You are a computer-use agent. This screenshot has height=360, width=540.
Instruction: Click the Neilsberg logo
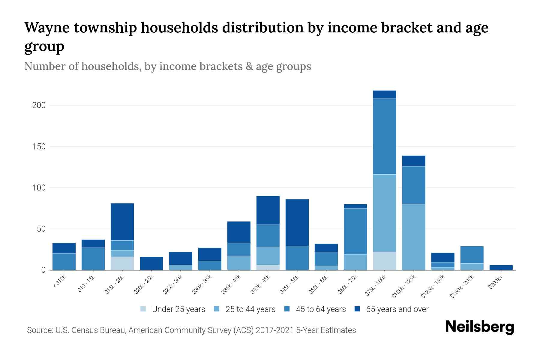point(479,327)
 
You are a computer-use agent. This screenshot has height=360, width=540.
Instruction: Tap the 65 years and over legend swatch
point(357,309)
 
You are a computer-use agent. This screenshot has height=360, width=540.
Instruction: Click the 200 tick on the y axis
point(39,106)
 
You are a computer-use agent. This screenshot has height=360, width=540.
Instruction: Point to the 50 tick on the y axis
point(41,229)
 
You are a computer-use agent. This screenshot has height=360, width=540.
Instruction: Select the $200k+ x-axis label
point(495,283)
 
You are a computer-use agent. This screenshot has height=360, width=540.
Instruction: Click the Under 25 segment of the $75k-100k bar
point(384,261)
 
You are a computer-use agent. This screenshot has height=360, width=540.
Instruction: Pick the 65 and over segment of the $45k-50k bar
point(297,223)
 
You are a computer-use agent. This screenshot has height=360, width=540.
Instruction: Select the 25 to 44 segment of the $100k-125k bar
point(413,237)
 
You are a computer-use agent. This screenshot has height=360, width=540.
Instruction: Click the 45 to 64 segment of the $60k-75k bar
point(355,231)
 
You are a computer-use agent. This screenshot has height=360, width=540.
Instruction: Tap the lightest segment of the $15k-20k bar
point(122,263)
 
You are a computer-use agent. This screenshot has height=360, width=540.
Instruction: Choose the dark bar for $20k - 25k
point(151,263)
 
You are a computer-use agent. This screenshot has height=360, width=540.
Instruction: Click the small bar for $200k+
point(501,267)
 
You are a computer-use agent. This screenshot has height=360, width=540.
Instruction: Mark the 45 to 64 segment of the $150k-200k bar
point(472,255)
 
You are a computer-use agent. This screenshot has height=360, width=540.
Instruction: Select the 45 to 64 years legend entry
point(320,309)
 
